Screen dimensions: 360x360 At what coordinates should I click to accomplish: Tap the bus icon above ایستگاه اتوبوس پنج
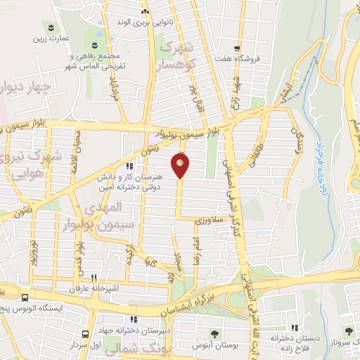[x=25, y=298]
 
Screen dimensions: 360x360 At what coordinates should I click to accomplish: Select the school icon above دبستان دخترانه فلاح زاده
[x=294, y=327]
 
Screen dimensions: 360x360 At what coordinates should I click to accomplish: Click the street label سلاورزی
[x=208, y=221]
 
